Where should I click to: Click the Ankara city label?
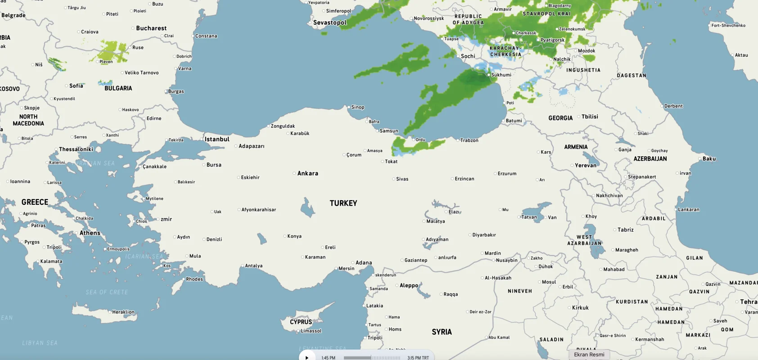307,173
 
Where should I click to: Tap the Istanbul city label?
217,139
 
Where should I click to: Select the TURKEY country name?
343,203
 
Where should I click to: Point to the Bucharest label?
151,28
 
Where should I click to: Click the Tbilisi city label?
590,117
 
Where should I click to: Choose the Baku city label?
709,159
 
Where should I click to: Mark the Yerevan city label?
585,166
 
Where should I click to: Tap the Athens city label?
90,233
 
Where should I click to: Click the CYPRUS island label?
301,322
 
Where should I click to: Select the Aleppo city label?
409,286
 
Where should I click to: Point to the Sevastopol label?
330,23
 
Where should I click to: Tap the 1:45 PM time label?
328,358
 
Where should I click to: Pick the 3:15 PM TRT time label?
418,358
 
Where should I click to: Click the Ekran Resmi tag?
589,355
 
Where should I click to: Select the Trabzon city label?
469,140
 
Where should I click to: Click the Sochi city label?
468,56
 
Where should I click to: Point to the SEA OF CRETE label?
107,292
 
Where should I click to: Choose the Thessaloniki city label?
76,149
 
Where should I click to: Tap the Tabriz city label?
625,230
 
